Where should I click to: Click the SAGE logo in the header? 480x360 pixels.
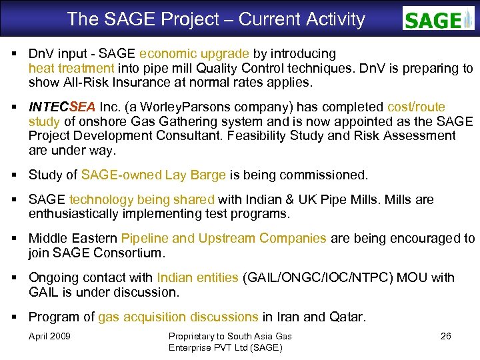pos(438,19)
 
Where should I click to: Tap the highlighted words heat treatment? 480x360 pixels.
pos(71,68)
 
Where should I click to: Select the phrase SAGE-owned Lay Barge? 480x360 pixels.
pos(153,175)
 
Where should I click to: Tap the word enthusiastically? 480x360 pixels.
pos(87,214)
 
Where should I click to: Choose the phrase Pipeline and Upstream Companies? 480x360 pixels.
pos(224,239)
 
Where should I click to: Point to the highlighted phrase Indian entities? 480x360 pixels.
pos(197,277)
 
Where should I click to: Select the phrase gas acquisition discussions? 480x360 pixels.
pos(178,317)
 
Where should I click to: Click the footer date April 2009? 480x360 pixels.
pos(49,336)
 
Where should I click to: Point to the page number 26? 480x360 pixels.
pos(445,336)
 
